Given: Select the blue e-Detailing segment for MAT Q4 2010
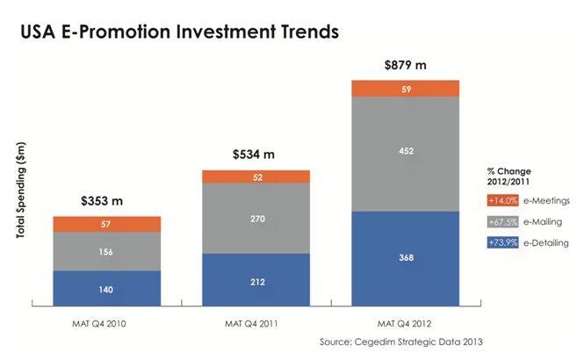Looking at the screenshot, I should click(106, 289).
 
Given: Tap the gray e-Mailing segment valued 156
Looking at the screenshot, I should click(106, 251).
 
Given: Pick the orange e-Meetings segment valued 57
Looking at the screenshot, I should click(106, 224).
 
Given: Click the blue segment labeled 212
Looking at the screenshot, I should click(256, 280).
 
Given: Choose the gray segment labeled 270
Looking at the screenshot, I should click(256, 218).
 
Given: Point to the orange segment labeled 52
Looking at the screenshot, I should click(256, 176).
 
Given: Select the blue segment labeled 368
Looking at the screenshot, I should click(405, 258).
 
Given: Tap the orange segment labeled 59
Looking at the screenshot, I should click(405, 88).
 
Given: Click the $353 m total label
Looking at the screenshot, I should click(104, 201).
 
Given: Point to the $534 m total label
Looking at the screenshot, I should click(254, 155).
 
